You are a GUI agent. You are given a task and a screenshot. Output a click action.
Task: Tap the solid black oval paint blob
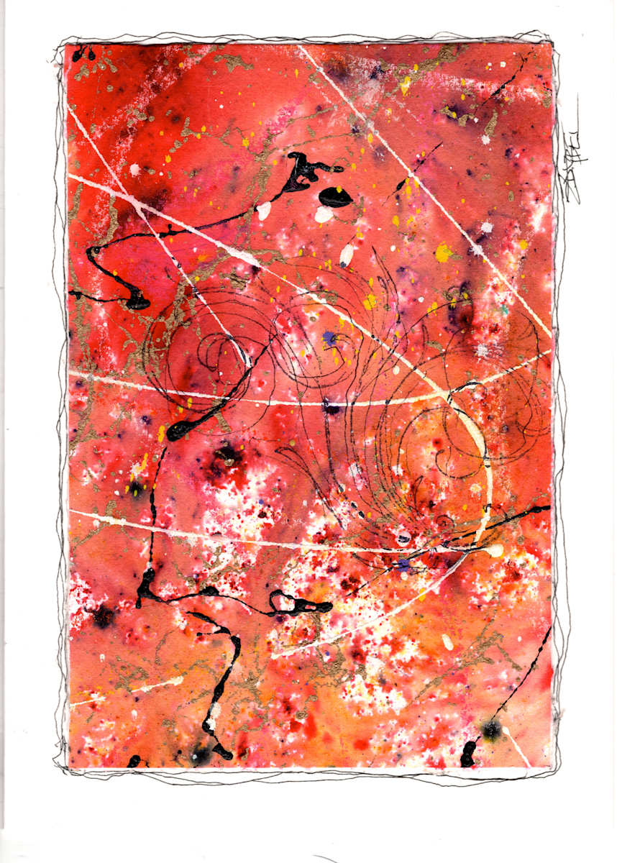[334, 196]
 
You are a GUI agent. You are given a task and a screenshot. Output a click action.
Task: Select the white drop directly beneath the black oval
[324, 214]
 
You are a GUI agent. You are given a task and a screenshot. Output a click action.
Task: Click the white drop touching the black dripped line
[264, 210]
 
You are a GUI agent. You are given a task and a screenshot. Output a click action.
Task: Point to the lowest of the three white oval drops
[347, 254]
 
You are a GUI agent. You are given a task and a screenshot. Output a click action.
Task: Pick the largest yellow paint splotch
[444, 252]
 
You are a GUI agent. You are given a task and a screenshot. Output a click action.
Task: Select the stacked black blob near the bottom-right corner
[468, 753]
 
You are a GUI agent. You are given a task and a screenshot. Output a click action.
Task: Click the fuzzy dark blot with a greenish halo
[491, 730]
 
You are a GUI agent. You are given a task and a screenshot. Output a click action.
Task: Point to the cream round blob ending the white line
[495, 551]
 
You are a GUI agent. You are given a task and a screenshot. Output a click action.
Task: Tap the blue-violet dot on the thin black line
[404, 563]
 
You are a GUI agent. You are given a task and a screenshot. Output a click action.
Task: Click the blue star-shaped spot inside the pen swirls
[330, 337]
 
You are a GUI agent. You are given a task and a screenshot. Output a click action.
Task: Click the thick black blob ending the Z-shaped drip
[137, 302]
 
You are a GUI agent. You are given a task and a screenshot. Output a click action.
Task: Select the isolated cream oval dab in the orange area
[447, 641]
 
